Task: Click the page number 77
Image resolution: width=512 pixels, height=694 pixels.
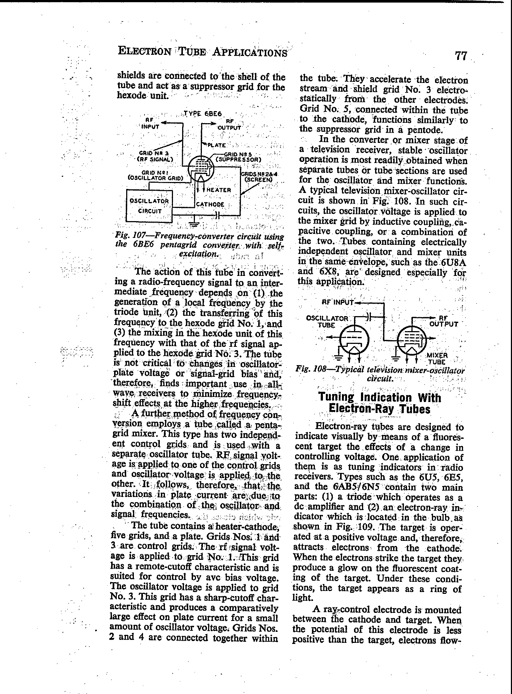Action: click(x=461, y=56)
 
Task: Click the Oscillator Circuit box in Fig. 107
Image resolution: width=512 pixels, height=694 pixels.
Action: click(x=149, y=206)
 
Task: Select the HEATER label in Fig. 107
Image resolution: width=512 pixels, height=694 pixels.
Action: click(x=219, y=190)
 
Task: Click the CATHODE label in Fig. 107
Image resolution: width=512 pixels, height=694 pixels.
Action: click(x=210, y=204)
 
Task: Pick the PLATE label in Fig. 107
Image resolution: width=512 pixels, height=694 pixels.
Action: click(x=217, y=145)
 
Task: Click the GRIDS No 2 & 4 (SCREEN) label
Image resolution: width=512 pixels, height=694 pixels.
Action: click(x=258, y=177)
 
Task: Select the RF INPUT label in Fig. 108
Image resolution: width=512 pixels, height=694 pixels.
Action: click(x=338, y=302)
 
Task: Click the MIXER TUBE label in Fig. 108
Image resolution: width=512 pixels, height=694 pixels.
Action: click(x=437, y=359)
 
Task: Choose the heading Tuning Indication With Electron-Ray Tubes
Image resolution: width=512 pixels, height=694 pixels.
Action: click(x=380, y=403)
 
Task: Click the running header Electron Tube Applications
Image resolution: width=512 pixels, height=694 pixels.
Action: click(x=203, y=52)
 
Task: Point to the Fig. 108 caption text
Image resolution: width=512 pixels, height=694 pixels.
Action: click(x=380, y=374)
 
